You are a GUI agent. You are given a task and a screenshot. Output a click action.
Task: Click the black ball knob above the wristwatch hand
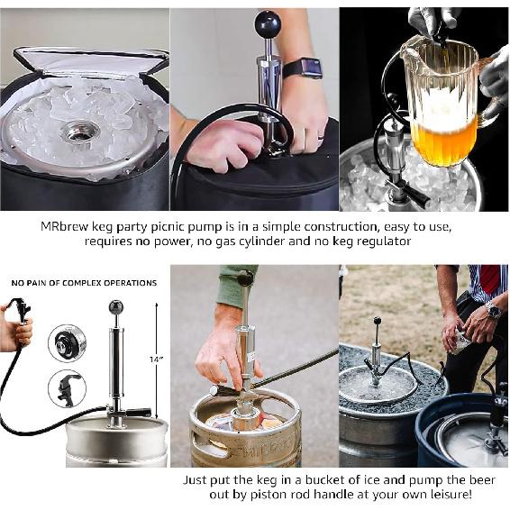coord(268,24)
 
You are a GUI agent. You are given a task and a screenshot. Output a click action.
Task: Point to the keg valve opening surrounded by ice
coord(80,132)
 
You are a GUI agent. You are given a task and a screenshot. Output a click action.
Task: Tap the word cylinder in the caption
coord(296,241)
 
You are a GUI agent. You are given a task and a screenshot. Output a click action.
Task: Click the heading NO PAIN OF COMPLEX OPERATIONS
coord(84,283)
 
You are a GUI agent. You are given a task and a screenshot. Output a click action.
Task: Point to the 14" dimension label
coord(157,360)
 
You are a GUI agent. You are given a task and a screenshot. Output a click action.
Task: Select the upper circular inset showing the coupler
coord(68,342)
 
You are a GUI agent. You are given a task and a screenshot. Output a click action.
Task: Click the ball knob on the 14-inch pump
coord(116,307)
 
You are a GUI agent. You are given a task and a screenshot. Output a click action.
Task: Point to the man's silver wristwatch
coord(493,311)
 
